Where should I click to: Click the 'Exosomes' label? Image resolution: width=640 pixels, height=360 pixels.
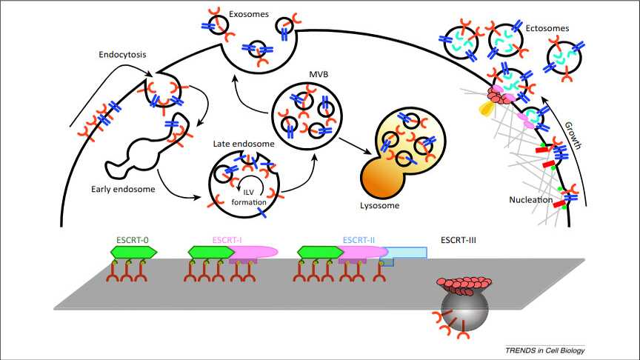(x=250, y=13)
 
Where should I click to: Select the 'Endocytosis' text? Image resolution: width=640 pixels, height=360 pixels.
(x=121, y=54)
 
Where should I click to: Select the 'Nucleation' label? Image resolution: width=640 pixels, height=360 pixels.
(x=531, y=200)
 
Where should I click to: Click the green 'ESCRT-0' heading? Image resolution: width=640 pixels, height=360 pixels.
(x=133, y=240)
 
